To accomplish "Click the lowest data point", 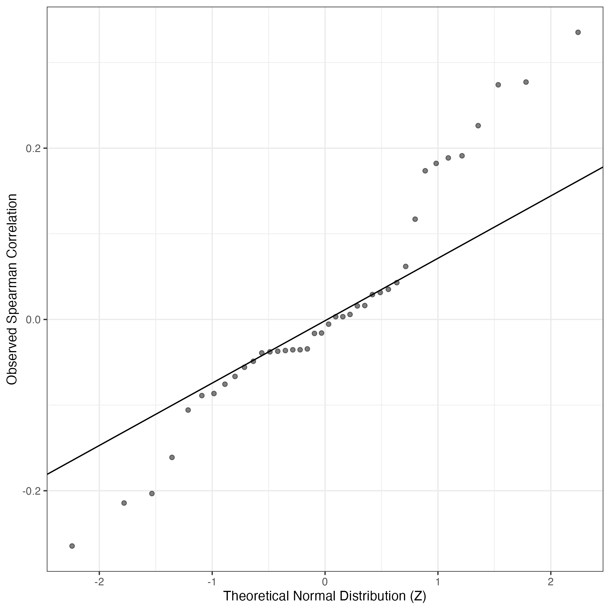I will tap(72, 545).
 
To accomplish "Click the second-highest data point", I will tap(526, 82).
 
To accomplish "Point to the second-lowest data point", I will tap(124, 503).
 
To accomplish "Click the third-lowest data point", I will tap(152, 493).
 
